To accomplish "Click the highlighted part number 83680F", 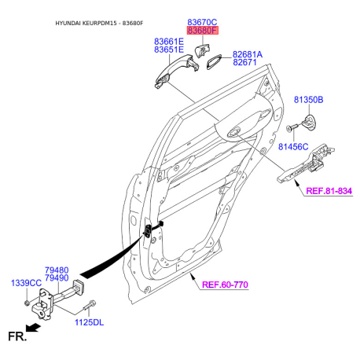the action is [202, 31].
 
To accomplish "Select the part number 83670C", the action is [202, 22].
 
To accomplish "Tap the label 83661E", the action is [169, 42].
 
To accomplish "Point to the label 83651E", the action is [169, 50].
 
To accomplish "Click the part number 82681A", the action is [248, 54].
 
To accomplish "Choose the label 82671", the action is [244, 62].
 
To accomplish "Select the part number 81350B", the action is [308, 100].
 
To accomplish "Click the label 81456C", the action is [293, 147].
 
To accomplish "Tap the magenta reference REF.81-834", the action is [329, 191].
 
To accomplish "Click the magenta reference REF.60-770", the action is [225, 285].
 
